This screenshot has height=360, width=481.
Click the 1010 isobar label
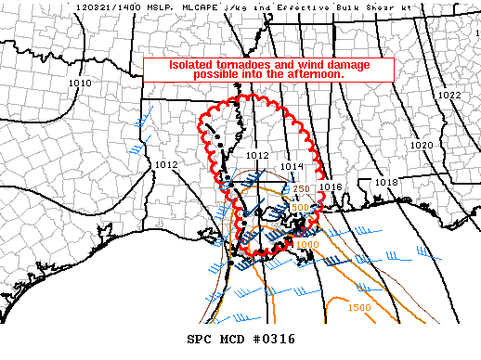pos(80,84)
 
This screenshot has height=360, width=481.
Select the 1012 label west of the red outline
pos(166,164)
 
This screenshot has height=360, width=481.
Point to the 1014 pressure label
pos(292,166)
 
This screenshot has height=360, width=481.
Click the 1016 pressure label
pos(331,186)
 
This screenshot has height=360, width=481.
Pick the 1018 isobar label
pos(386,182)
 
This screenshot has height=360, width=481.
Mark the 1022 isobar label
pos(449,96)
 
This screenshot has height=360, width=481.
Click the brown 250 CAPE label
pos(301,188)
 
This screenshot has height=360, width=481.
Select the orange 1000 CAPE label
pos(307,245)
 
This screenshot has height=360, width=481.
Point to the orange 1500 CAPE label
pos(358,308)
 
